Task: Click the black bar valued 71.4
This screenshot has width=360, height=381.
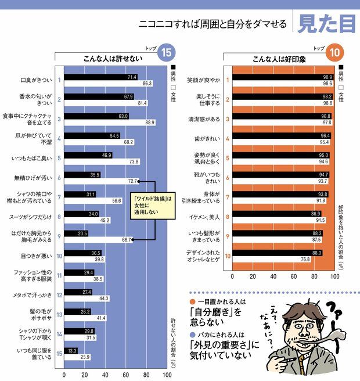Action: pos(99,77)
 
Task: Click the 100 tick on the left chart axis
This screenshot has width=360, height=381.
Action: pos(167,375)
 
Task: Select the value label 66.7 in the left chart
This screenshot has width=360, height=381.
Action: pos(124,239)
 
